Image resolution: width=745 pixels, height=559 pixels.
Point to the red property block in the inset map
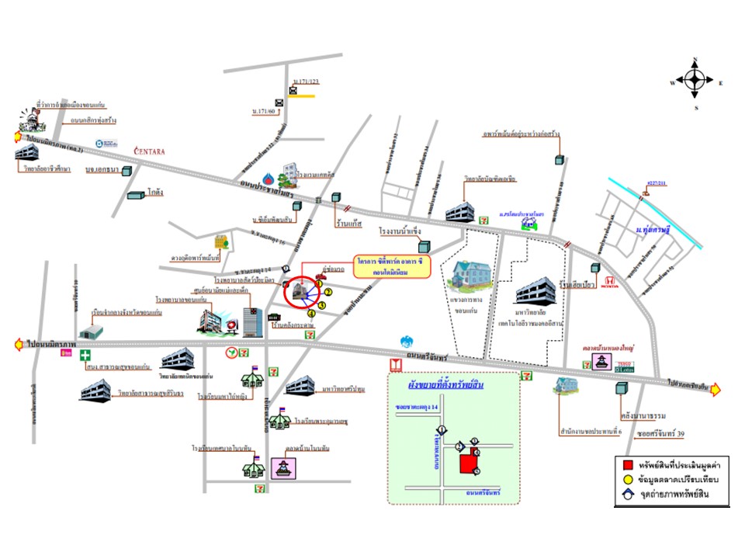pos(468,464)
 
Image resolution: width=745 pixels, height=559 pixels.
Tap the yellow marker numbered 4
pos(312,313)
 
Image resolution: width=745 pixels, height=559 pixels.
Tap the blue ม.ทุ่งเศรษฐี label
pos(652,231)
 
